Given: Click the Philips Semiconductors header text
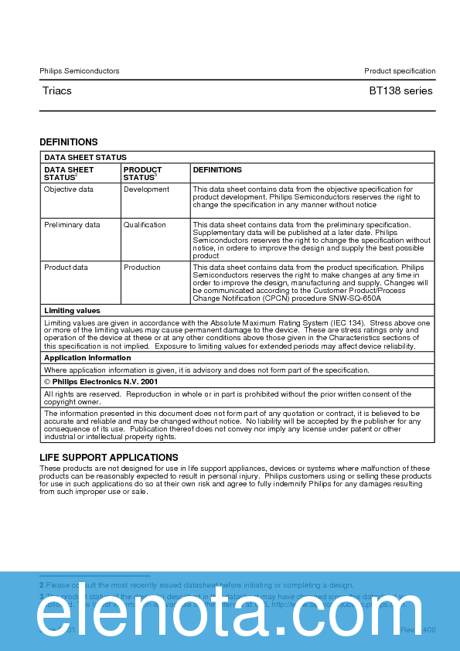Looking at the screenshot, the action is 80,71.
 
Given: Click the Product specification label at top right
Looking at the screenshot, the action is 400,71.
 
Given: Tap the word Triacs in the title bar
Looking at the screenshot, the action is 57,91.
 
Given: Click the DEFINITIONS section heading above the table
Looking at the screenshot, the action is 69,142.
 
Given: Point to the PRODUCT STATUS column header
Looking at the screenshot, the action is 142,174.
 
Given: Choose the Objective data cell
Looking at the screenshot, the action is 69,189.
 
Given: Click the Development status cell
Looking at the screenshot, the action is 146,189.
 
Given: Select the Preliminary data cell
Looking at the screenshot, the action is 72,225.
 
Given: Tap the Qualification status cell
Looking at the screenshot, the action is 145,225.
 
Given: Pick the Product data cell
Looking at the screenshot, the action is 66,268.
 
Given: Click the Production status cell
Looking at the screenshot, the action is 142,268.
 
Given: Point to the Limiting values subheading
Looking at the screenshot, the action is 72,311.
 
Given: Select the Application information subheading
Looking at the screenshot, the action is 87,358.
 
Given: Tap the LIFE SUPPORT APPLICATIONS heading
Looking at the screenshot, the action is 109,458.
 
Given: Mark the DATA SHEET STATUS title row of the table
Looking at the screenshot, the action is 85,158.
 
